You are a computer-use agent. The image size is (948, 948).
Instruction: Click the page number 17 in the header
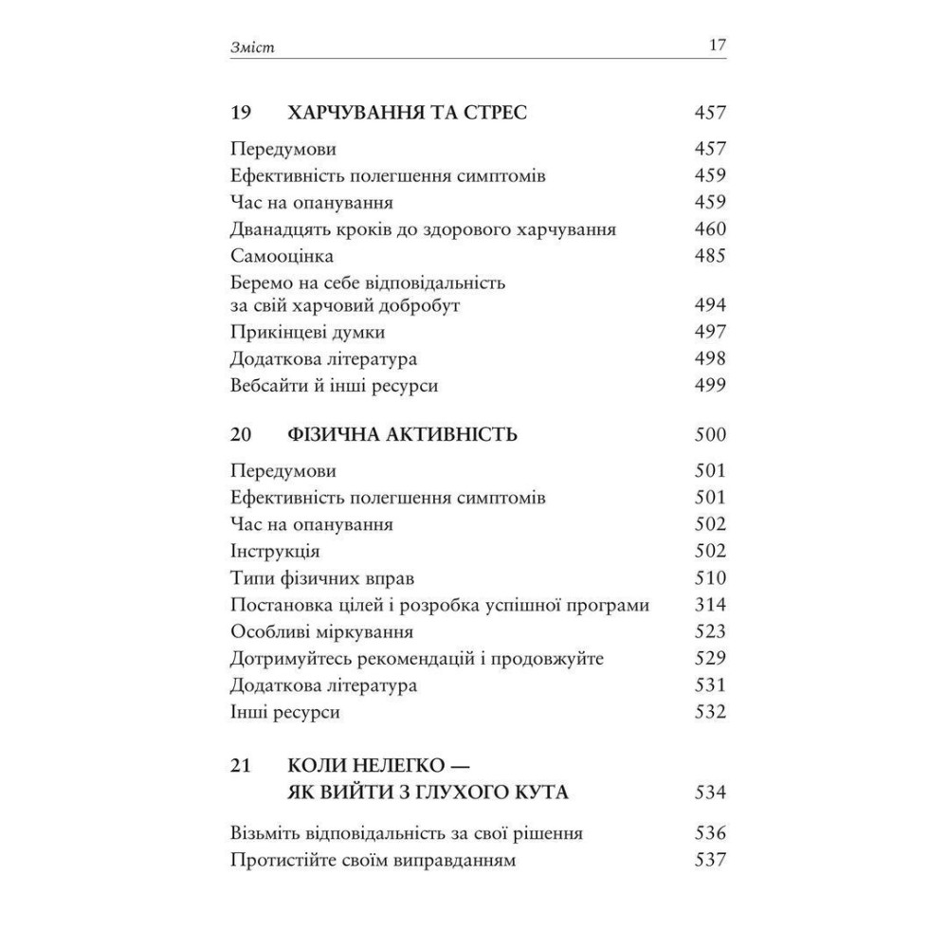click(716, 46)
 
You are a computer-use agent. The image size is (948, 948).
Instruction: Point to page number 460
click(709, 229)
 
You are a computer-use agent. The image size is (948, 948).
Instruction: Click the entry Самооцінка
click(282, 256)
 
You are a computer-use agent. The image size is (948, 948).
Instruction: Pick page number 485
click(709, 256)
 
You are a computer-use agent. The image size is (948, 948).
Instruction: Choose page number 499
click(709, 385)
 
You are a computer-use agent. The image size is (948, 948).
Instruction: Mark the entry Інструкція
click(275, 551)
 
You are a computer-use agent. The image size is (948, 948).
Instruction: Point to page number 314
click(709, 605)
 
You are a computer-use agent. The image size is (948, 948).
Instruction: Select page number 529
click(709, 658)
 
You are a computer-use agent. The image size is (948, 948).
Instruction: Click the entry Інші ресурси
click(284, 711)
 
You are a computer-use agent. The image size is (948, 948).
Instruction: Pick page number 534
click(709, 792)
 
